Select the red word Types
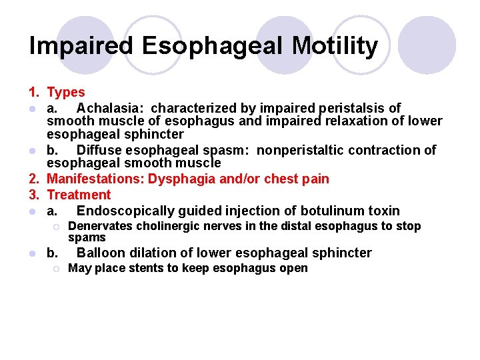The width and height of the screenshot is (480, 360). click(x=66, y=93)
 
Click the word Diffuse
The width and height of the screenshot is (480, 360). click(x=99, y=150)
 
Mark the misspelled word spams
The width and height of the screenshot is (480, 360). click(x=87, y=237)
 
